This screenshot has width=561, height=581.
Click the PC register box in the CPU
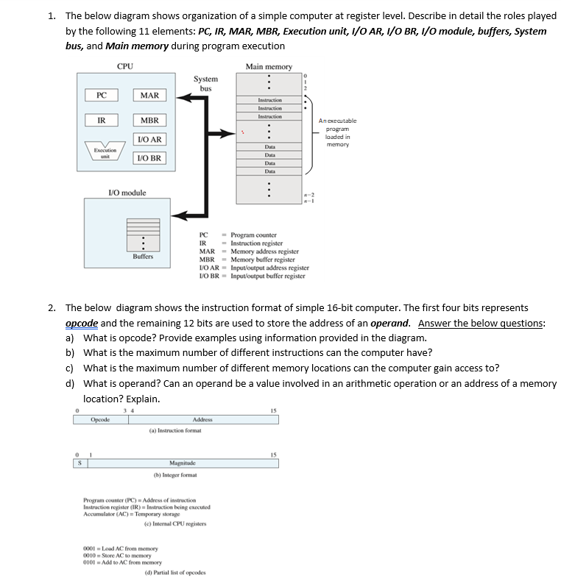(102, 95)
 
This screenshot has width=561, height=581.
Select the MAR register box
(149, 95)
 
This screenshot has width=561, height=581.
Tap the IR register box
(102, 120)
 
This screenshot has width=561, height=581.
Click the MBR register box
(149, 120)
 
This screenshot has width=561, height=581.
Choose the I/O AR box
(149, 140)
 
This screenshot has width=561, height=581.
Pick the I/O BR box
(149, 158)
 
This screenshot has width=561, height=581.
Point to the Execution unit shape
(101, 152)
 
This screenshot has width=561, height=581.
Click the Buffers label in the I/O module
(143, 257)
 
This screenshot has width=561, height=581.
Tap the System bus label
(205, 83)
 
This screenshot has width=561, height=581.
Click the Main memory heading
(269, 67)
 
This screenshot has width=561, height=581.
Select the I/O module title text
(127, 193)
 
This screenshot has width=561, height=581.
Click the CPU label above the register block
(125, 67)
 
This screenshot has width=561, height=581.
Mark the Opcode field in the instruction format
(100, 419)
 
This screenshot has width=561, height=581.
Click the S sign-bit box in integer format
(77, 463)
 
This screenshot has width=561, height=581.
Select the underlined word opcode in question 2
(82, 323)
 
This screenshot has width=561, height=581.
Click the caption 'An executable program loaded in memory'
(338, 132)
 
